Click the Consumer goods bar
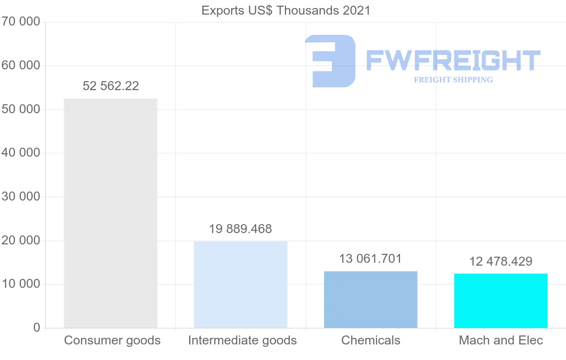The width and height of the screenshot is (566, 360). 110,213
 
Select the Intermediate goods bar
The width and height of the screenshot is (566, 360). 241,285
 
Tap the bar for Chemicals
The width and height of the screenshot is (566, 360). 371,300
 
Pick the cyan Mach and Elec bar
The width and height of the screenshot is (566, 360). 501,301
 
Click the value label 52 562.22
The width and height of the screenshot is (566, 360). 111,86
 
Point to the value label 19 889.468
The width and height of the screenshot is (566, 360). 241,229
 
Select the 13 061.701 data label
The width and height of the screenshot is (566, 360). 371,259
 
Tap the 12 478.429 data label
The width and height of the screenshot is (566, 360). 501,261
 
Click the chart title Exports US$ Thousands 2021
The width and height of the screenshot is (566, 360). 286,10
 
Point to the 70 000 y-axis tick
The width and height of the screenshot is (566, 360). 20,22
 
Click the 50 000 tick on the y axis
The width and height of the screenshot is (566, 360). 20,109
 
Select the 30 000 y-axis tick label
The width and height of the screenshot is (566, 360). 20,197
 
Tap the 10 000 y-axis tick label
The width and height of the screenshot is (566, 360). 20,284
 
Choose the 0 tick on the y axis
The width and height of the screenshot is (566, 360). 37,328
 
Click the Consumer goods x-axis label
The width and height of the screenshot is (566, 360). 112,340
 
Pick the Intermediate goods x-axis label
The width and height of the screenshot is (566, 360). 242,340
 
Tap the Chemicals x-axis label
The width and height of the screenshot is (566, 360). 371,340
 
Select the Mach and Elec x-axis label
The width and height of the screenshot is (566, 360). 501,340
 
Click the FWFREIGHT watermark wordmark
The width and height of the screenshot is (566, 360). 453,60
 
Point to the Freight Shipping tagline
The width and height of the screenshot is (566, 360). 453,80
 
